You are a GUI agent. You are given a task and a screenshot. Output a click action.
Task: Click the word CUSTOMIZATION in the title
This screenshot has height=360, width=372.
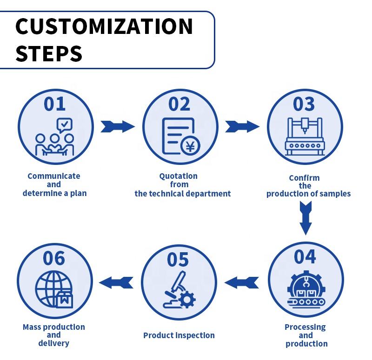(x=104, y=26)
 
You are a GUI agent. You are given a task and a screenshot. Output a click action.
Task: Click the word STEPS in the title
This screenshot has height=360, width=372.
(x=49, y=54)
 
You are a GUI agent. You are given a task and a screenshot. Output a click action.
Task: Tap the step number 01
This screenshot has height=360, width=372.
(x=55, y=104)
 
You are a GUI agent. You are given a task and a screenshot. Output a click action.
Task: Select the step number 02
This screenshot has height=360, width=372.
(x=179, y=104)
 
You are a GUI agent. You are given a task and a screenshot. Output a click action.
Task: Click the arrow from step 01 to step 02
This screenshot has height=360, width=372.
(x=117, y=126)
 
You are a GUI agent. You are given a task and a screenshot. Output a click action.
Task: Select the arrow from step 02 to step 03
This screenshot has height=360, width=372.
(x=242, y=126)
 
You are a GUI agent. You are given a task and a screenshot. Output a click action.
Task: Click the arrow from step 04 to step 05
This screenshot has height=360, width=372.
(x=242, y=281)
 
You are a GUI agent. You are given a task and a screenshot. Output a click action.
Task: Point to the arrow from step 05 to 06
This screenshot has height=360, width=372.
(x=116, y=281)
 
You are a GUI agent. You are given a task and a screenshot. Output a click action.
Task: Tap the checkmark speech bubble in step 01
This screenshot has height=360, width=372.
(x=64, y=124)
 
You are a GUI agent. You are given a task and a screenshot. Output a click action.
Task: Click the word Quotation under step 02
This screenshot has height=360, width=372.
(x=178, y=176)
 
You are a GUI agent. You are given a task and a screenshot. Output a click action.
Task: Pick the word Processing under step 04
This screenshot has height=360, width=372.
(x=305, y=327)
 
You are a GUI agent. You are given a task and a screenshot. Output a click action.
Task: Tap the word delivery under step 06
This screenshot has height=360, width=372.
(x=53, y=343)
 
